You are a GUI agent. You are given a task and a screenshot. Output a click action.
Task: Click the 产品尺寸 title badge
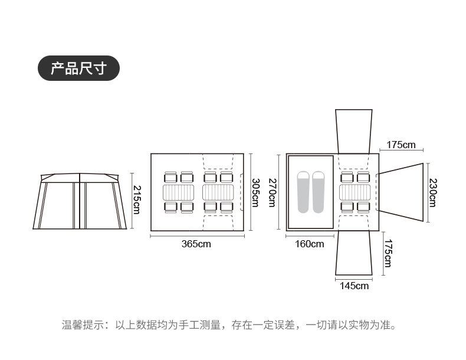[x=78, y=68]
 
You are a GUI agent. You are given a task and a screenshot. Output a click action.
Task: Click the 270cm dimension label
[x=272, y=192]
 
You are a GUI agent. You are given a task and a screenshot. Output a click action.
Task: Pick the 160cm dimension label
[x=309, y=244]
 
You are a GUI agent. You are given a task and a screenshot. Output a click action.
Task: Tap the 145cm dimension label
[x=354, y=286]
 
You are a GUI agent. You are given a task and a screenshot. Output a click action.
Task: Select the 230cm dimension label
[x=432, y=192]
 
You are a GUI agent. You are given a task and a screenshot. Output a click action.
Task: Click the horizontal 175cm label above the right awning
[x=401, y=145]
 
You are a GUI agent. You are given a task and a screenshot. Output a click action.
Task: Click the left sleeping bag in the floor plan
[x=303, y=192]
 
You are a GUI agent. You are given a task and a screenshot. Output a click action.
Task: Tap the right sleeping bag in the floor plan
[x=319, y=192]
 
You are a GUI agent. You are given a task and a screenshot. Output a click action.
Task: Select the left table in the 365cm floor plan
[x=179, y=192]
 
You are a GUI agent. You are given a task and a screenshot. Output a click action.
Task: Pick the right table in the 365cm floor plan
[x=219, y=192]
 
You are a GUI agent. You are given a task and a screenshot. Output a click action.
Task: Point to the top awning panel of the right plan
[x=354, y=130]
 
